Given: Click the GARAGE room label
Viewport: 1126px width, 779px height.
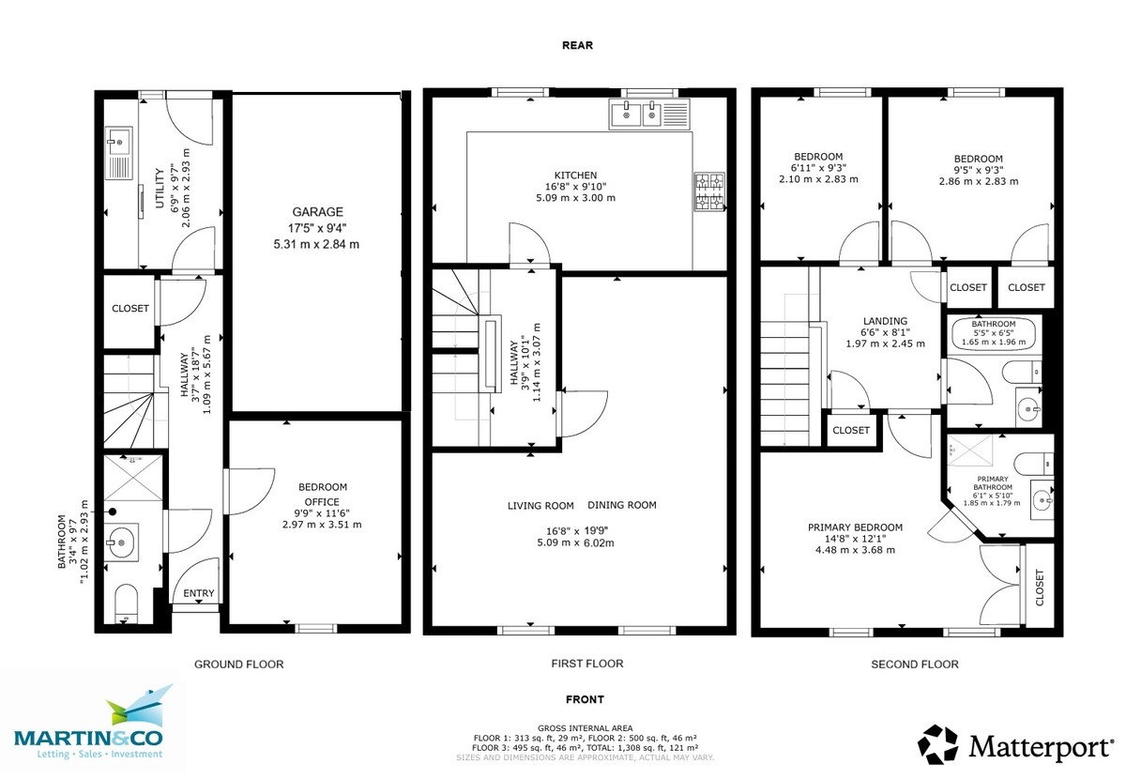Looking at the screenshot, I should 316,212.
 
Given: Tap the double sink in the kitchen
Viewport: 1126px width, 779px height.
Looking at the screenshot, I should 637,115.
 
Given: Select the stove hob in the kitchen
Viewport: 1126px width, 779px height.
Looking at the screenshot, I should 709,191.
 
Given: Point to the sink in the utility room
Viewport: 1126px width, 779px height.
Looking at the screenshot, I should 118,145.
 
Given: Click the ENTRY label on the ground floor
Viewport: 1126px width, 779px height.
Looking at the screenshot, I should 198,593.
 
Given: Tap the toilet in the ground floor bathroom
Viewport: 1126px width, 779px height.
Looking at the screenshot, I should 126,603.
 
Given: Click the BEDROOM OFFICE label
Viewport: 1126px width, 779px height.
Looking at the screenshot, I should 323,495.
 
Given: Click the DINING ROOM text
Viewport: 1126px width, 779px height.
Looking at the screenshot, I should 622,505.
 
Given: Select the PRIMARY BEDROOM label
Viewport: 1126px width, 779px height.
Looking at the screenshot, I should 855,527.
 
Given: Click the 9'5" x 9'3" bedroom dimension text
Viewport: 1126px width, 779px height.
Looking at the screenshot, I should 978,170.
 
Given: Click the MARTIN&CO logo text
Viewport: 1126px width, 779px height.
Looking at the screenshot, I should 88,738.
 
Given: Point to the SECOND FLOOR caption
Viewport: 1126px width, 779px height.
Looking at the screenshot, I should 914,664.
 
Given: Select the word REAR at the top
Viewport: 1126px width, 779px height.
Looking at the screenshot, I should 577,44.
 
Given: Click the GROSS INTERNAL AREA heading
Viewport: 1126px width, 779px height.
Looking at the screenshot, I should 585,728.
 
